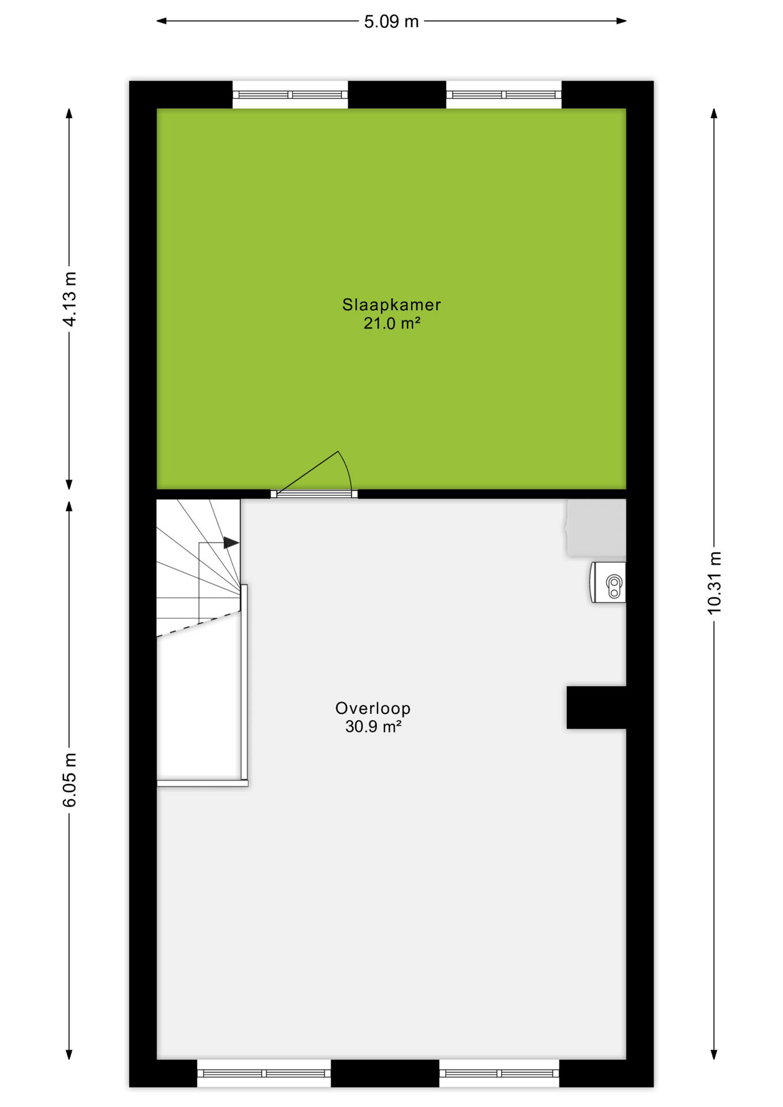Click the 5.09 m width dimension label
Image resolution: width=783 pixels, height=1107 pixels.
coord(391,22)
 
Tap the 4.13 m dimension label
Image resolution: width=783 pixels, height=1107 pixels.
coord(70,299)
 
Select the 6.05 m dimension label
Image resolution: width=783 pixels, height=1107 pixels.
coord(70,780)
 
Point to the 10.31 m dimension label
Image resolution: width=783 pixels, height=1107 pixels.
coord(714,583)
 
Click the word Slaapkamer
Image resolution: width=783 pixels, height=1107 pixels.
coord(391,304)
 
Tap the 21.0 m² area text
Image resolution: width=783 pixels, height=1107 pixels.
coord(391,323)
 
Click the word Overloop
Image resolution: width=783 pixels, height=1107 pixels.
coord(373,708)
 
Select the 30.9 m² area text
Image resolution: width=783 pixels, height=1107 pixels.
coord(373,726)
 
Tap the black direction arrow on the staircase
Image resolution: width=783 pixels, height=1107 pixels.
coord(231,543)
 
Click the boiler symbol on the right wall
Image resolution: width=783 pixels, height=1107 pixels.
coord(608,583)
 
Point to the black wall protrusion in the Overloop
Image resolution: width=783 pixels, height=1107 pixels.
coord(596,707)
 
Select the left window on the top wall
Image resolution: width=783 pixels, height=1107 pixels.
coord(290,95)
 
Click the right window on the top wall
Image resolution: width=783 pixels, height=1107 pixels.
coord(504,95)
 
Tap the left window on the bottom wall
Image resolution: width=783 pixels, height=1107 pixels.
coord(264,1074)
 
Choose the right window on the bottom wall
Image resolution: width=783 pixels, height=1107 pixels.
coord(499,1074)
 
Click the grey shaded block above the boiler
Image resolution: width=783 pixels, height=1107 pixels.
coord(596,528)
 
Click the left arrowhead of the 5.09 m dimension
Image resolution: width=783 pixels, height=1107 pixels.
coord(161,21)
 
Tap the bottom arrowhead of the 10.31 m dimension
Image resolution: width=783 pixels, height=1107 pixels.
coord(714,1055)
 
